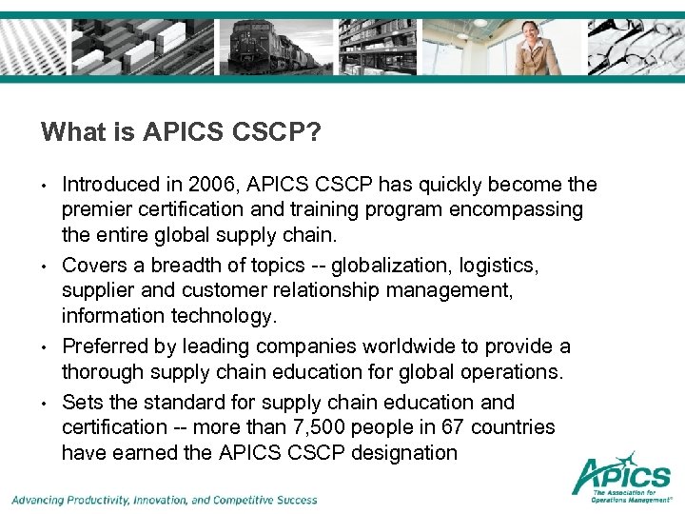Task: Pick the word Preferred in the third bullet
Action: [104, 347]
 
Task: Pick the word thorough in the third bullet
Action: [103, 372]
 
